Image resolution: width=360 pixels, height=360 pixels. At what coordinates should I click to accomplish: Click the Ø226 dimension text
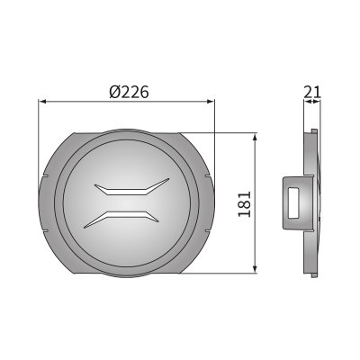[128, 92]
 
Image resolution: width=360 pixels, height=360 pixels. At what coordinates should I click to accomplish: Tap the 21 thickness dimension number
[312, 90]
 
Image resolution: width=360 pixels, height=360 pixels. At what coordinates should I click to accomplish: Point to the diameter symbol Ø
[113, 92]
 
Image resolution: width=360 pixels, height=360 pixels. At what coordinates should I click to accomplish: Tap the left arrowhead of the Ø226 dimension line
[42, 103]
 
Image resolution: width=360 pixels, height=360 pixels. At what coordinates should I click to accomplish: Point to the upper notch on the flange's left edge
[44, 176]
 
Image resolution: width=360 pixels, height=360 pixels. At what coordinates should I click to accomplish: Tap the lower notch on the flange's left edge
[44, 228]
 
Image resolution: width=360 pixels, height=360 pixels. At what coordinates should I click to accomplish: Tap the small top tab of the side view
[315, 132]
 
